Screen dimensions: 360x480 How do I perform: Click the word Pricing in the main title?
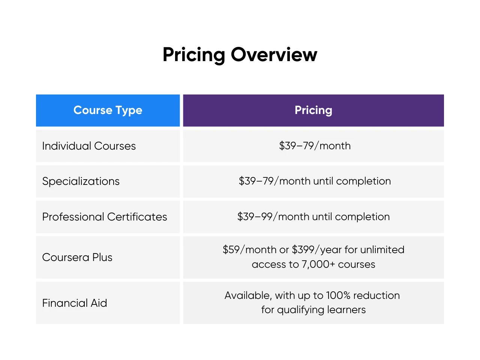coord(193,55)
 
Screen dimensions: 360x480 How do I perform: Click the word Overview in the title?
coord(274,55)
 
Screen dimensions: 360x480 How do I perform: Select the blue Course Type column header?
coord(108,110)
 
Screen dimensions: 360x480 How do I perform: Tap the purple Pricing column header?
coord(313,110)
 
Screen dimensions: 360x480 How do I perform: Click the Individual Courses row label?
coord(89,146)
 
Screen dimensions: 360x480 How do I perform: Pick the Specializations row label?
coord(81,181)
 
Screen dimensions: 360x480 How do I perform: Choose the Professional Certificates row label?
coord(105,217)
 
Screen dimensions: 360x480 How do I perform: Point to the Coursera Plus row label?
coord(77,257)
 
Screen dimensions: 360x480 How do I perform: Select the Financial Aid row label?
coord(75,303)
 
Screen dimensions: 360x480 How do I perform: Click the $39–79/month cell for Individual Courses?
coord(315,146)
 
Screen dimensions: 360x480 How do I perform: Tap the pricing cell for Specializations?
coord(315,181)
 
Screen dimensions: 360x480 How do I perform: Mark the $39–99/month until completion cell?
coord(313,217)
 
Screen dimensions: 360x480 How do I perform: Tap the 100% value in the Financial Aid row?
coord(338,295)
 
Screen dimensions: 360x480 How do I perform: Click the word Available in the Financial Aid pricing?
coord(248,295)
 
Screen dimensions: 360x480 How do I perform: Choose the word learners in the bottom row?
coord(346,310)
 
